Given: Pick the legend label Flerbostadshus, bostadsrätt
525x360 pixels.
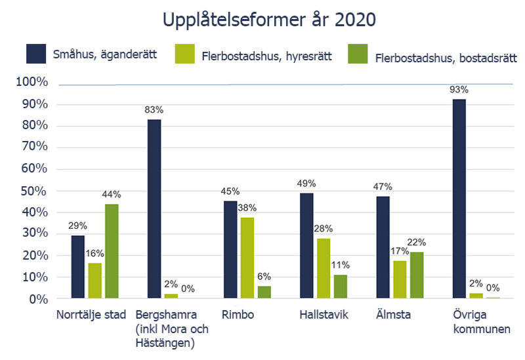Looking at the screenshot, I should coord(446,58).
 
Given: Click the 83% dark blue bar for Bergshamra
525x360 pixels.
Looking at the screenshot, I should coord(154,209).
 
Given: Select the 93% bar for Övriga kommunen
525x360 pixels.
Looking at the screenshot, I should coord(459,199).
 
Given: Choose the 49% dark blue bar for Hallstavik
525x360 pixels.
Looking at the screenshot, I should coord(306,246).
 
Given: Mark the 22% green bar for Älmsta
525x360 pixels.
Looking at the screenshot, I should coord(417,275).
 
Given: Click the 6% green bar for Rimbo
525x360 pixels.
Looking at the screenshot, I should coord(264,292).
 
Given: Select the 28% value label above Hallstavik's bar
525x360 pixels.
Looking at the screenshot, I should coord(323,228).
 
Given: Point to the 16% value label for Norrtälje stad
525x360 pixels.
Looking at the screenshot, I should coord(95,252).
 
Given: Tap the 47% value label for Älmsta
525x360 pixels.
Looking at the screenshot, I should coord(383,186).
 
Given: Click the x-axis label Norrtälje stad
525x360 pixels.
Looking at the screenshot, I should coord(91,315).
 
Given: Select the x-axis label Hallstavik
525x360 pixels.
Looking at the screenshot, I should coord(324,315).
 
